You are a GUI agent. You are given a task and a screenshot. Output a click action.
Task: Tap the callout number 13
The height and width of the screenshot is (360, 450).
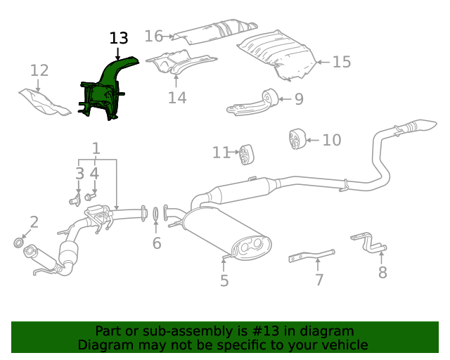[119, 39]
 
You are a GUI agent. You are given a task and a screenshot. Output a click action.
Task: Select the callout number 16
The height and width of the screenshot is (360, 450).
[153, 36]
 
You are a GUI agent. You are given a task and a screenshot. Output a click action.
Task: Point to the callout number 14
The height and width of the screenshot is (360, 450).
[177, 97]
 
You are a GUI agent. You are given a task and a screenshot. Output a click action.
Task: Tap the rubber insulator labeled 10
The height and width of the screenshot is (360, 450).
[297, 139]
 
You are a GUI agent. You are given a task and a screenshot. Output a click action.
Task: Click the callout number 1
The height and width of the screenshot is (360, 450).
[96, 148]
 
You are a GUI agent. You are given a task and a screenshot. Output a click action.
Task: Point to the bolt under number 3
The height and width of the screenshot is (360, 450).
[74, 202]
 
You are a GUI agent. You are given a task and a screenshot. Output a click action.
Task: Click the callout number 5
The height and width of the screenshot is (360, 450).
[224, 281]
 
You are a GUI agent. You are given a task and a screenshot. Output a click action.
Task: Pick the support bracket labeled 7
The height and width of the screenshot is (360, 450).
[311, 255]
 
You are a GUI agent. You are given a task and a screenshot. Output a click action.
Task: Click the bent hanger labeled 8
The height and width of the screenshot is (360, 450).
[371, 242]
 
